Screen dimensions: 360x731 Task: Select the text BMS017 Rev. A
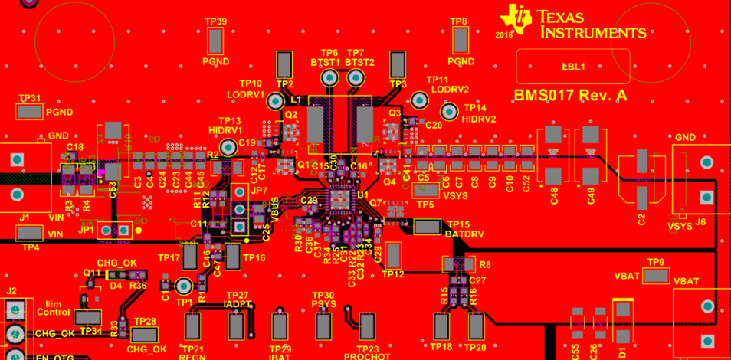point(570,95)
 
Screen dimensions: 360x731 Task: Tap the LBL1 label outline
point(573,67)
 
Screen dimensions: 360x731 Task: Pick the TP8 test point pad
point(461,40)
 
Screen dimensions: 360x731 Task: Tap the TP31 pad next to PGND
point(29,113)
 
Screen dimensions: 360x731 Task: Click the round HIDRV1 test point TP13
point(228,147)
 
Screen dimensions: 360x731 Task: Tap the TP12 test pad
point(393,254)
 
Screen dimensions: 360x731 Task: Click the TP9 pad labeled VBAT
point(656,276)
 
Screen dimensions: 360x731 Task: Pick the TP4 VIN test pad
point(30,232)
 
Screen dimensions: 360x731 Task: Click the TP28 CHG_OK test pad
point(143,335)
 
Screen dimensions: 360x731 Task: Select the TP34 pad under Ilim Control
point(87,316)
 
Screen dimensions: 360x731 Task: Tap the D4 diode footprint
point(116,274)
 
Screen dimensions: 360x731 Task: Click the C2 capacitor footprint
point(642,181)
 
